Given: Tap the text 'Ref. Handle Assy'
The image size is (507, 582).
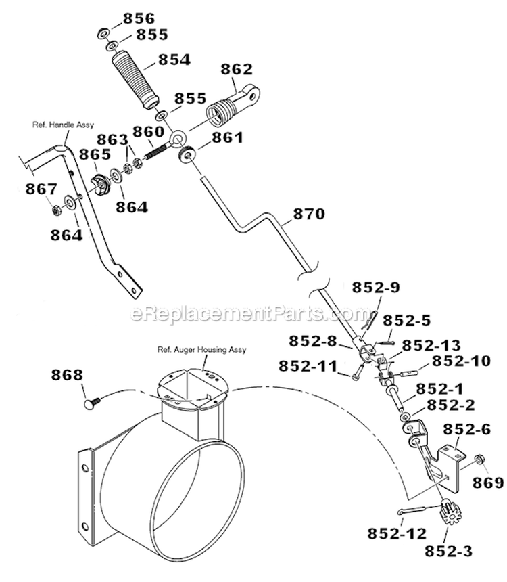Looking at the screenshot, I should [63, 125].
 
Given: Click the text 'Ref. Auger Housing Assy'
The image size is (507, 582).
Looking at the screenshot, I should [201, 350].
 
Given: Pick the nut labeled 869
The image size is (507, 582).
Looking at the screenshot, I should [478, 460].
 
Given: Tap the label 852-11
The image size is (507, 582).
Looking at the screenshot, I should [307, 365].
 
